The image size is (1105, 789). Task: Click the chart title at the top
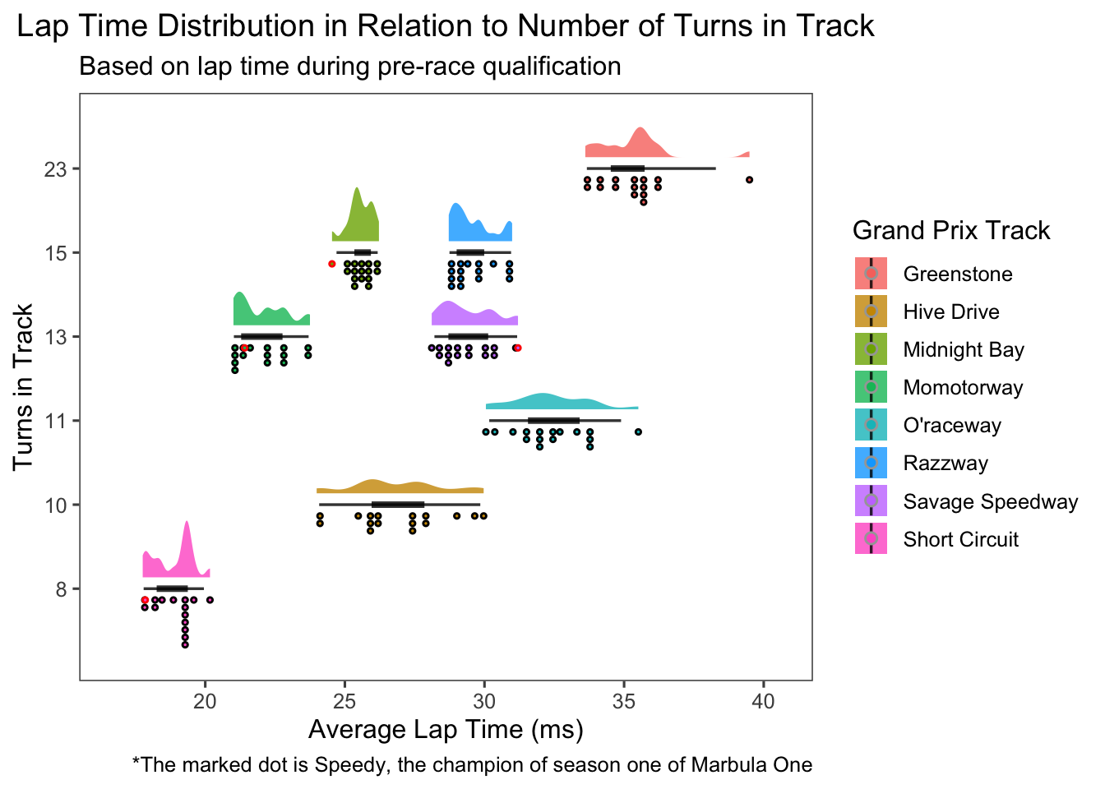[445, 26]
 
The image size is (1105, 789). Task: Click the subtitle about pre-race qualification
[349, 66]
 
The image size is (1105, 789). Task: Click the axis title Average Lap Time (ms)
[446, 730]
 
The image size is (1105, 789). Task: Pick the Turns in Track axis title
[23, 387]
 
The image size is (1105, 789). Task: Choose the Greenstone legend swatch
[871, 274]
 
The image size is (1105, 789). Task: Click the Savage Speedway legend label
[990, 502]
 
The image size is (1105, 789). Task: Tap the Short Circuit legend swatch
[871, 539]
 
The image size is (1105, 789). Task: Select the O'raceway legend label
[952, 426]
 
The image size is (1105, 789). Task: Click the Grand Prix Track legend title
[951, 230]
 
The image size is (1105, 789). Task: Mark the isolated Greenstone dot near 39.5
[749, 180]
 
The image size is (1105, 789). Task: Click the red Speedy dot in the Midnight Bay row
[332, 264]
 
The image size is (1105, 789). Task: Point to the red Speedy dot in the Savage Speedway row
[517, 348]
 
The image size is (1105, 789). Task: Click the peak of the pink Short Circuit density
[187, 523]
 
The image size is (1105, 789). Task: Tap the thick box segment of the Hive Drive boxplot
[398, 505]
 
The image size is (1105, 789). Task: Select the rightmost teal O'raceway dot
[638, 432]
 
